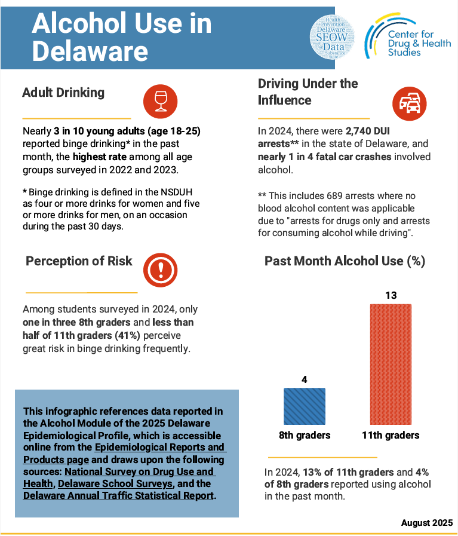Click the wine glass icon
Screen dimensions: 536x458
pos(160,100)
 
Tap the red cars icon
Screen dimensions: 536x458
pos(410,103)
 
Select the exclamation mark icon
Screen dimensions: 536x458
pos(159,269)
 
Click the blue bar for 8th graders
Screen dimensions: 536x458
pos(304,406)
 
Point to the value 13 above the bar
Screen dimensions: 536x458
pos(391,295)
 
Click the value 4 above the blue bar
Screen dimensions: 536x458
pos(304,379)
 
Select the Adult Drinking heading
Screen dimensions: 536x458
pos(63,93)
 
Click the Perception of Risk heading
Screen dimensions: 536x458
pos(79,261)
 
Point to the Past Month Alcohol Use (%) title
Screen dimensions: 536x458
pos(345,261)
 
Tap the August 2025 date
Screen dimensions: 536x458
pos(427,522)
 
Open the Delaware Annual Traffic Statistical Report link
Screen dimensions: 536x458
pos(118,496)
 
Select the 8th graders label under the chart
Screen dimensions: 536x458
pos(305,435)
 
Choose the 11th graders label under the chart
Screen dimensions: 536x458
pos(391,435)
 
